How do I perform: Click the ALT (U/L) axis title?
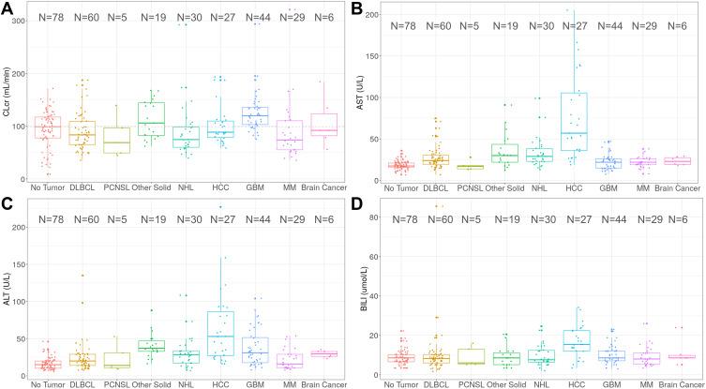click(7, 290)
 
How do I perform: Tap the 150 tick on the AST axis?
click(375, 55)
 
